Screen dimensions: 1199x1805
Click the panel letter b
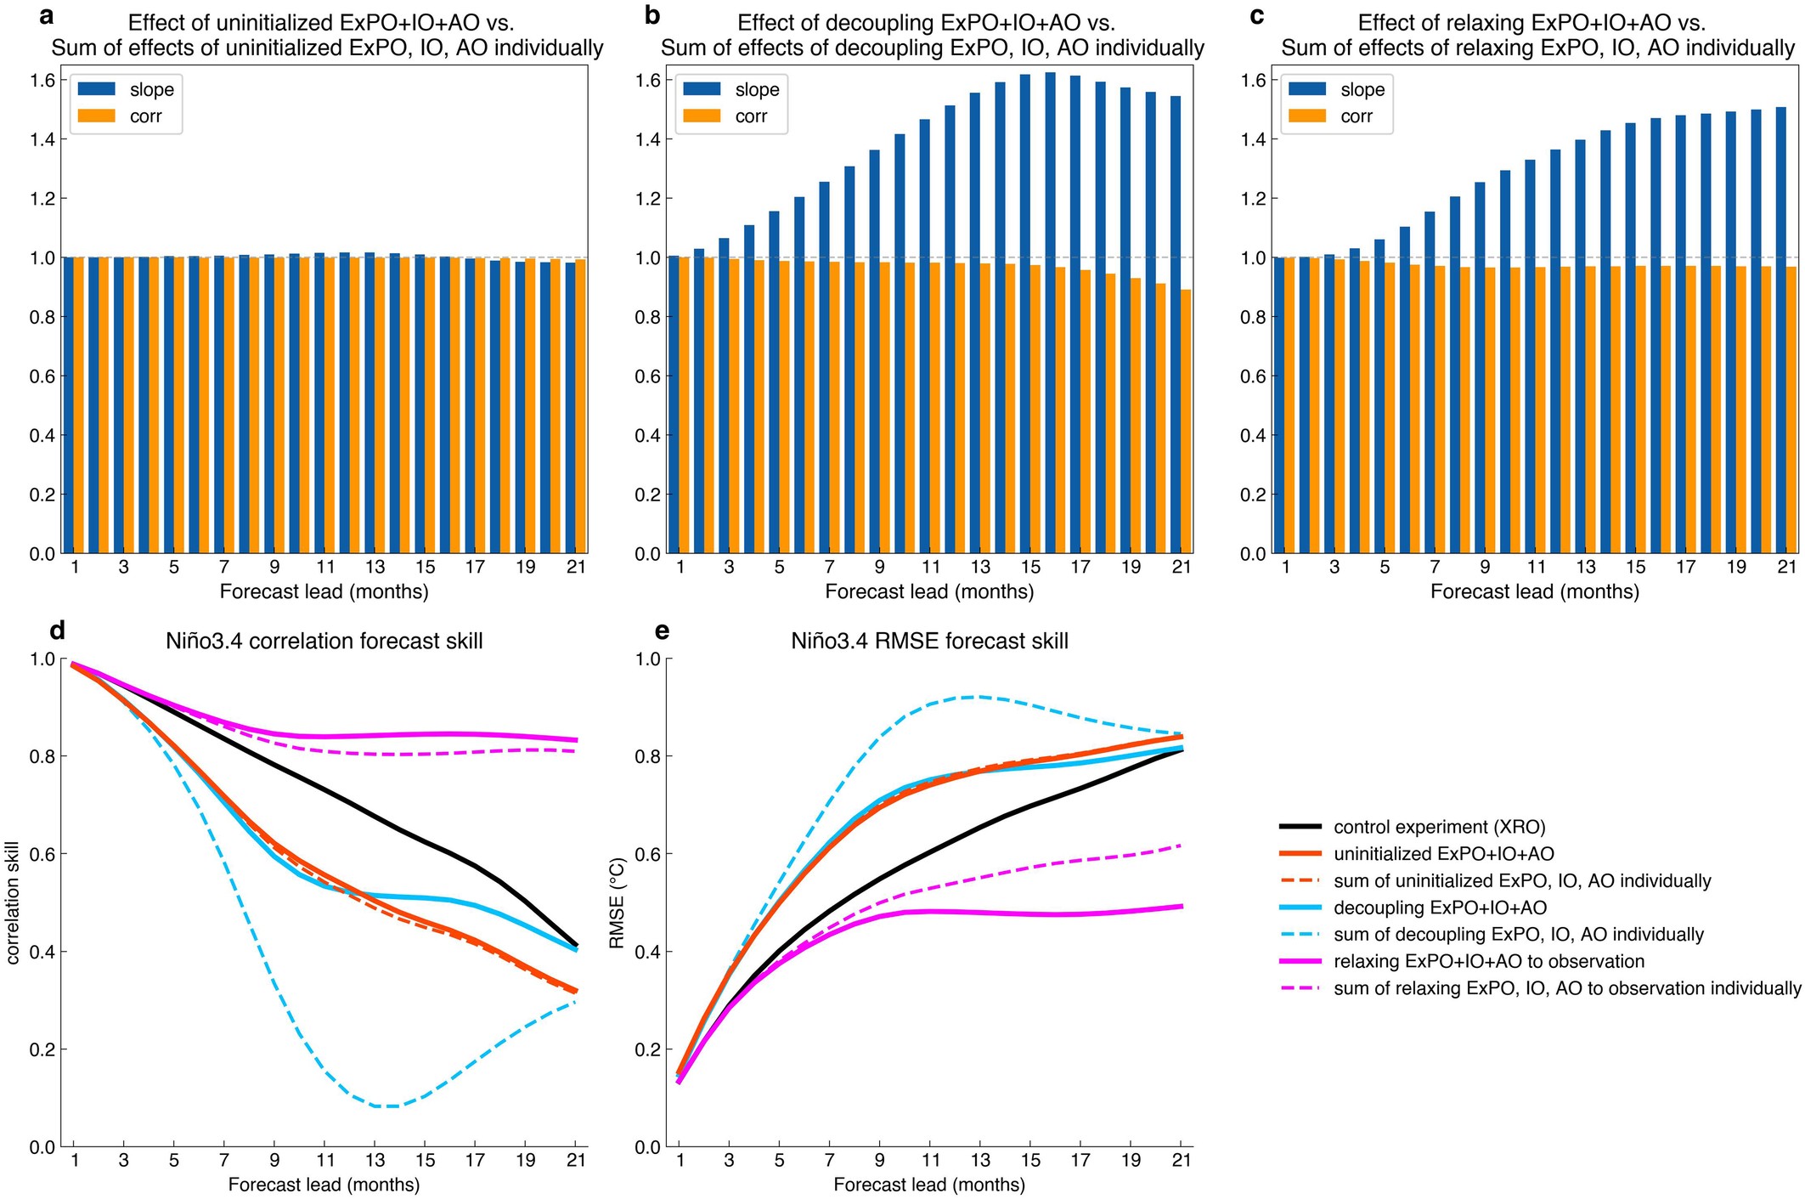click(x=651, y=15)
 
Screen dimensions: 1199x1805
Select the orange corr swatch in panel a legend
click(x=97, y=116)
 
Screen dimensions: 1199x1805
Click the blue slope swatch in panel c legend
click(x=1307, y=89)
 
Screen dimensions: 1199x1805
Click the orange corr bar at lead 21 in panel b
click(x=1186, y=421)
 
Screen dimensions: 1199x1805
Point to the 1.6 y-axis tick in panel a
click(x=42, y=81)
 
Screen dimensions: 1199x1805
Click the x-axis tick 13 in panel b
click(x=980, y=568)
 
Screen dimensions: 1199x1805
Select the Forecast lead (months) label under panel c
click(x=1534, y=591)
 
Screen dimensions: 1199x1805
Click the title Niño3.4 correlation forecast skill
click(x=324, y=641)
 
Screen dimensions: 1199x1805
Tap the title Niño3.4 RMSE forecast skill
click(x=929, y=641)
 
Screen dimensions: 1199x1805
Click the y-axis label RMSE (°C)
click(x=618, y=902)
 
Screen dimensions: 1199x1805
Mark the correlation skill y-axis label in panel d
click(x=13, y=902)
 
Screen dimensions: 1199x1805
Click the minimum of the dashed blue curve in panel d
click(x=386, y=1106)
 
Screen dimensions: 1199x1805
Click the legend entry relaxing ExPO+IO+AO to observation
click(x=1488, y=961)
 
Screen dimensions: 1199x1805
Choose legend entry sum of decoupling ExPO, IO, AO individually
click(x=1518, y=935)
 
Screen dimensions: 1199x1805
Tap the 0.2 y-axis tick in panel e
click(x=649, y=1049)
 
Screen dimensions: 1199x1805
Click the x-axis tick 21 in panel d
click(x=576, y=1161)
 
